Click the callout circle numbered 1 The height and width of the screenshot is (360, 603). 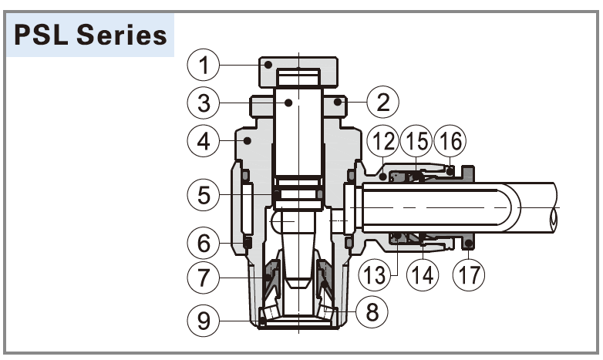[204, 66]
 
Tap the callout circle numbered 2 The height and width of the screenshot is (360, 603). [383, 100]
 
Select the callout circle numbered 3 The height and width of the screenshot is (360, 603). [204, 103]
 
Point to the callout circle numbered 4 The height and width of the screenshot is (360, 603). [204, 141]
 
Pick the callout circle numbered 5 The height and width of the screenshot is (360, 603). [204, 194]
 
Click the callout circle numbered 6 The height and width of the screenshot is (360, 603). [204, 244]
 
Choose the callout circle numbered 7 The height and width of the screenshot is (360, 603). [204, 278]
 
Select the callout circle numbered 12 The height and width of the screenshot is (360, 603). [382, 142]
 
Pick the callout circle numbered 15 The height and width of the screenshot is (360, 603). [416, 142]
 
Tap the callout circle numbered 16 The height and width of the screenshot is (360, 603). [450, 142]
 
